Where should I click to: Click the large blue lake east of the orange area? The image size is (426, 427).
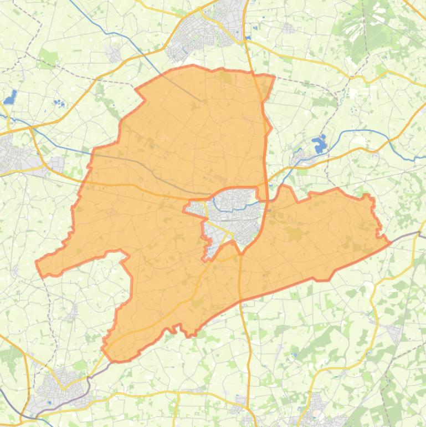[x=320, y=145]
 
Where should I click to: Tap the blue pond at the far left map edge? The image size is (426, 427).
[x=9, y=98]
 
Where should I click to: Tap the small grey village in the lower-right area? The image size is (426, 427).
[x=395, y=333]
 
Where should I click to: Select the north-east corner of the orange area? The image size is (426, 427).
[x=274, y=77]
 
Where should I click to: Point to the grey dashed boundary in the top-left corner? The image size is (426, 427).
[x=30, y=28]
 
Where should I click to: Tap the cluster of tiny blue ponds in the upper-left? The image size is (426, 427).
[x=58, y=103]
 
